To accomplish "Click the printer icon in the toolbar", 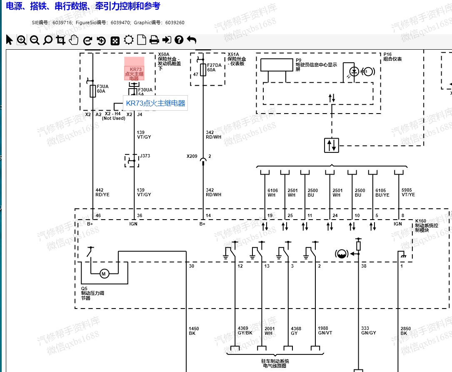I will [x=154, y=40].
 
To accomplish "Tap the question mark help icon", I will [x=179, y=40].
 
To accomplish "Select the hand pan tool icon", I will [x=74, y=40].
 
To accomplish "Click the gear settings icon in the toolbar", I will [x=129, y=40].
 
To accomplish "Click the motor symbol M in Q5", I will [x=104, y=274].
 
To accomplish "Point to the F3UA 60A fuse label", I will [x=102, y=89].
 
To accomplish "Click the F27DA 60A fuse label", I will [x=214, y=67].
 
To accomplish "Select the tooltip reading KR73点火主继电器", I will [x=155, y=103].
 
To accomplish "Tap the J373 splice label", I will [x=145, y=156].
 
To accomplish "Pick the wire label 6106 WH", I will [x=272, y=192].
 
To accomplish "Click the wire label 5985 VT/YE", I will [x=408, y=192].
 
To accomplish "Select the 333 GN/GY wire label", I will [x=368, y=331].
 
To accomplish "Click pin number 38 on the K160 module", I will [x=364, y=266].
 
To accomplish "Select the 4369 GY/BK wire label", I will [x=245, y=331].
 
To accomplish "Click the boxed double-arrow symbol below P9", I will [x=332, y=145].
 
